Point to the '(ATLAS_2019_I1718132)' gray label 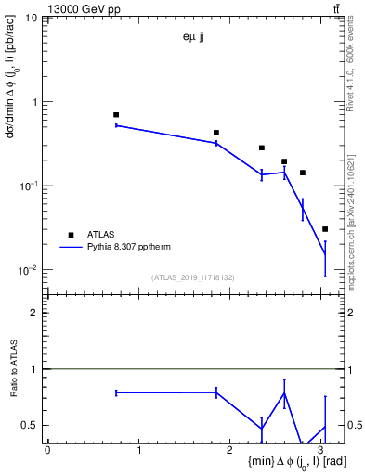click(194, 276)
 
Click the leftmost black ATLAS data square click(116, 115)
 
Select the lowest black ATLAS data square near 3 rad click(324, 229)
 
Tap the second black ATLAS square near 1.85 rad click(216, 133)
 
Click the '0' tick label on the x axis click(47, 450)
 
